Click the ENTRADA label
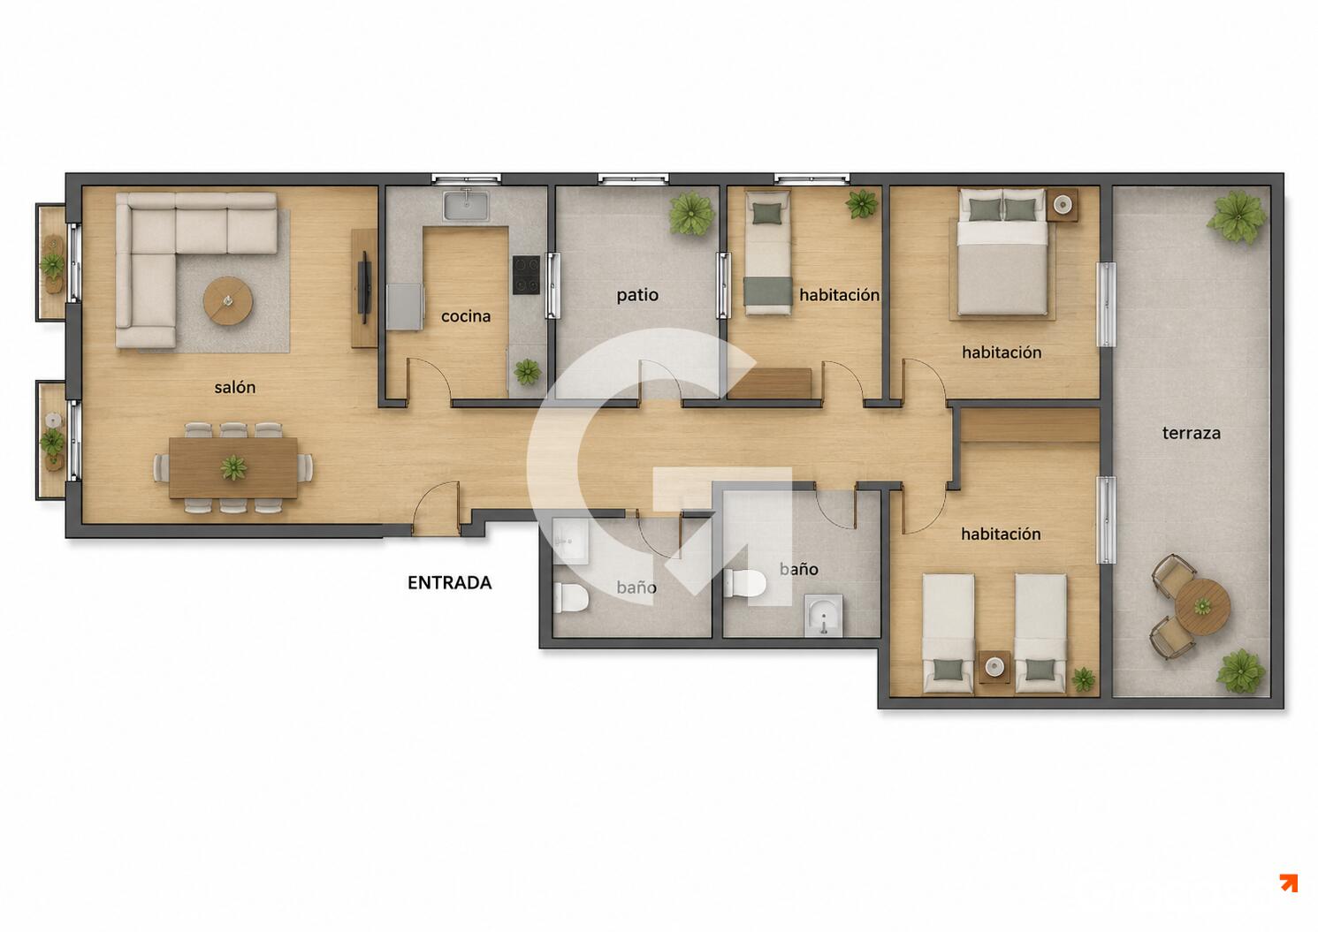450,583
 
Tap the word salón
235,387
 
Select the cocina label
466,316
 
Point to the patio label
637,294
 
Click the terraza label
1192,434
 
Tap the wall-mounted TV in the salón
364,287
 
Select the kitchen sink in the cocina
466,205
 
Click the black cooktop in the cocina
526,275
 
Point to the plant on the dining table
234,467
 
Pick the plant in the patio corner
692,214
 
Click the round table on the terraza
1203,606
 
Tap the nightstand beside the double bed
1062,205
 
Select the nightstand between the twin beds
994,667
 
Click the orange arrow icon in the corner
1289,883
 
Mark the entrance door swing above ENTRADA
436,508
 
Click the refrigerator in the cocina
406,307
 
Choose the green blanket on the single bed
768,291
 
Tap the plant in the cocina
527,372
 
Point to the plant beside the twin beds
1084,679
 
